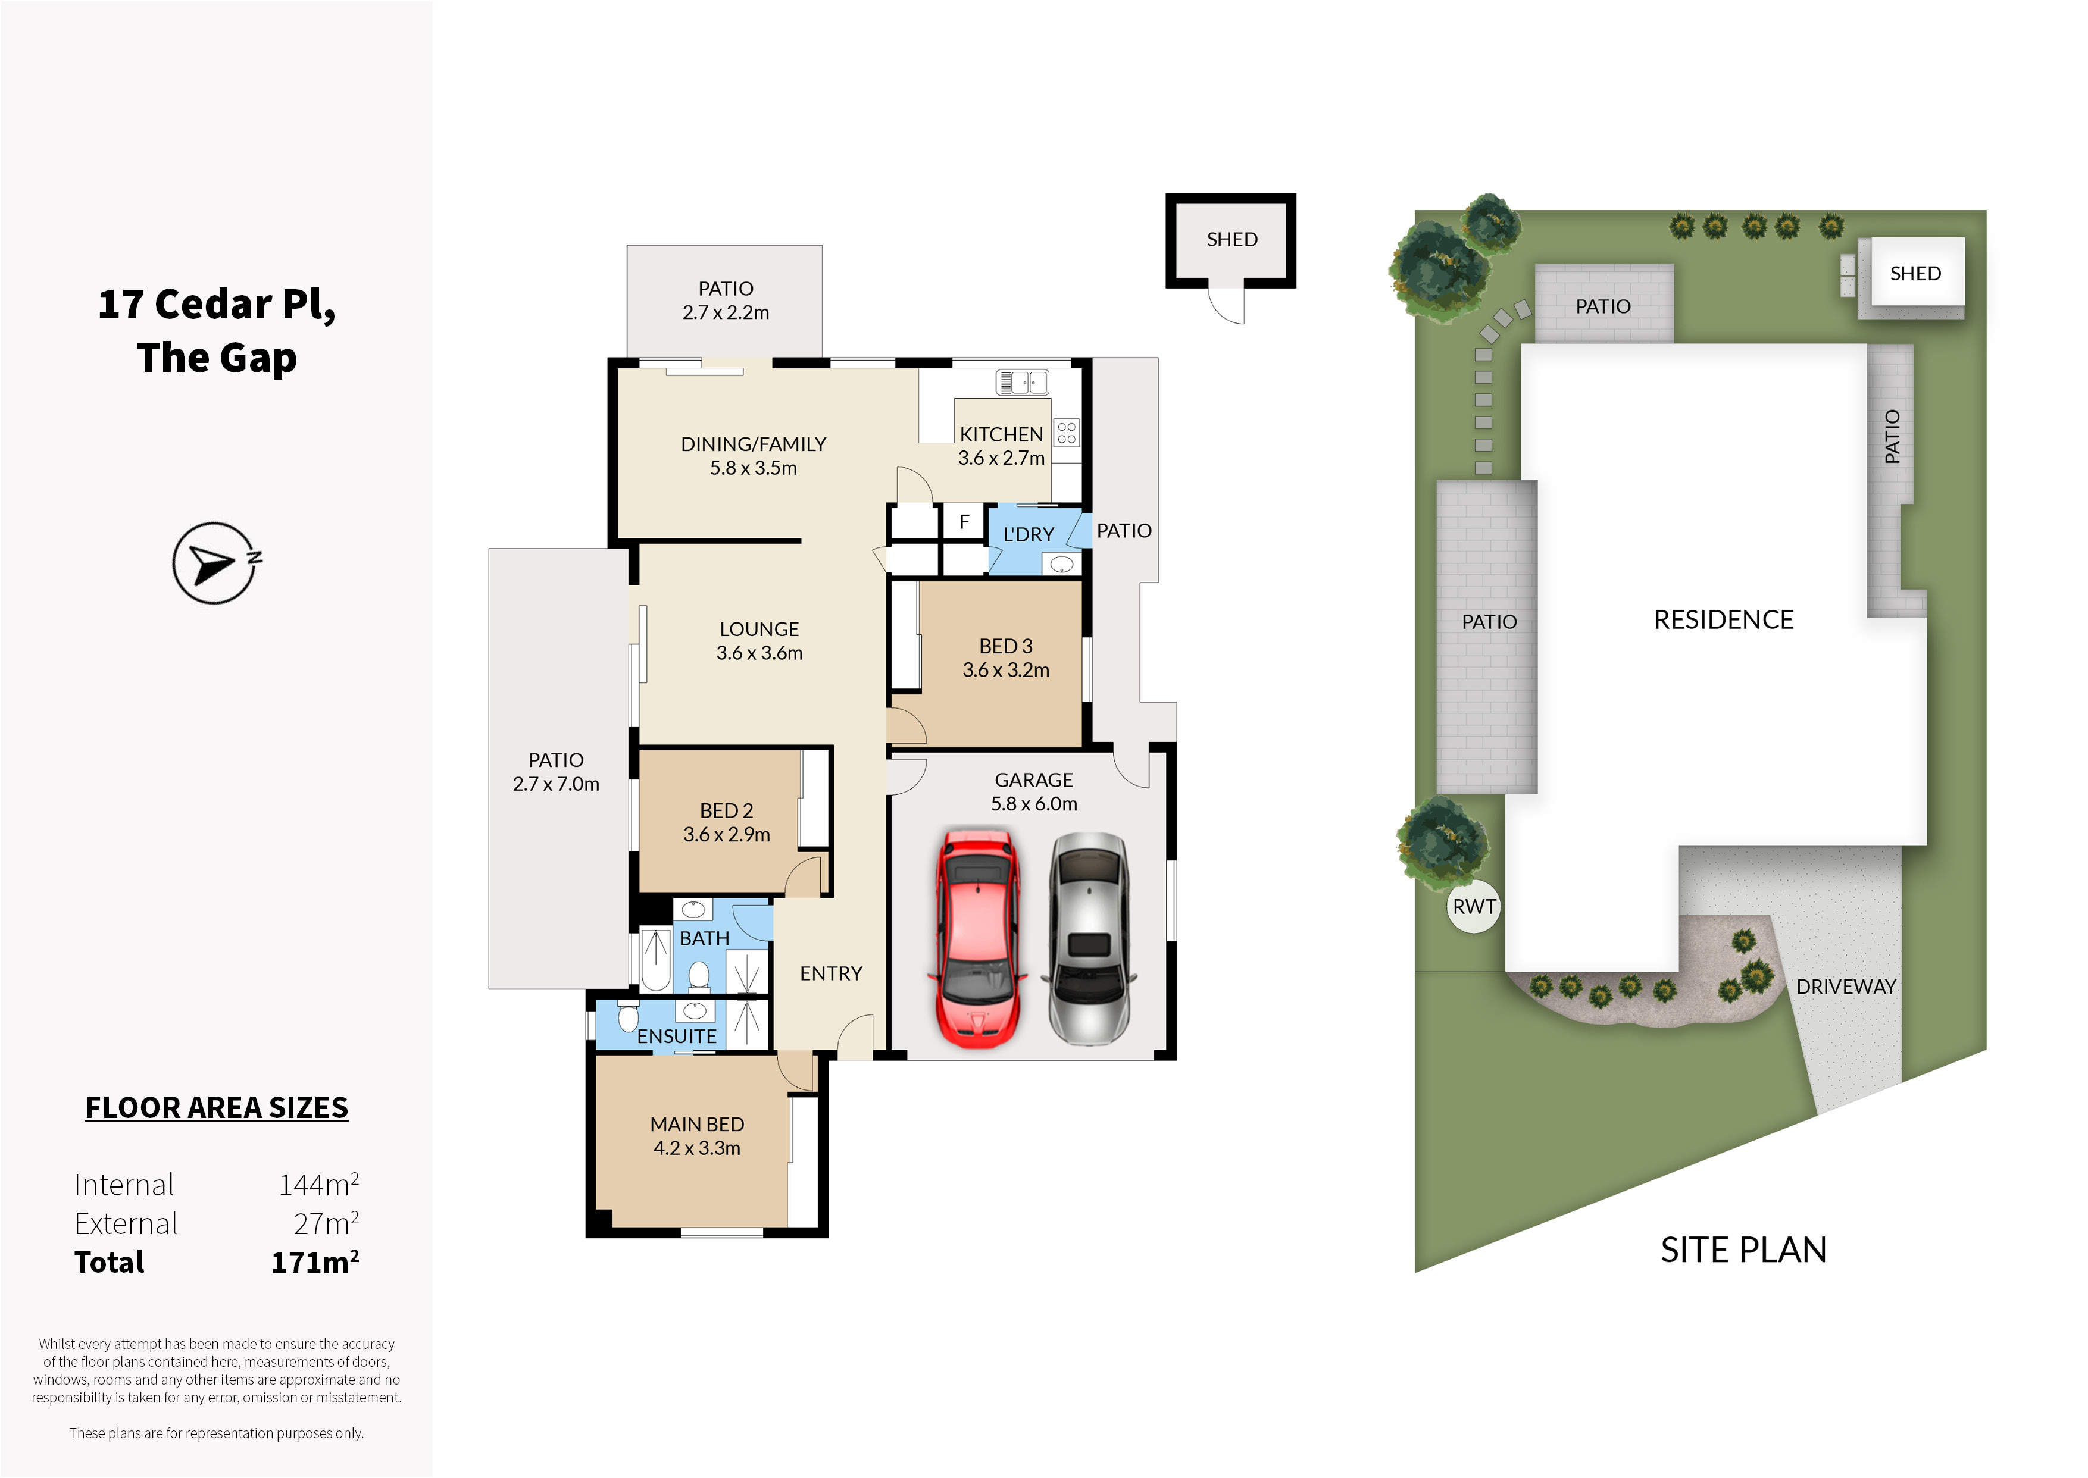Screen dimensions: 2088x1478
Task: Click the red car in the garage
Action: (977, 937)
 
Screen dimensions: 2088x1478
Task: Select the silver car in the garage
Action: (1089, 940)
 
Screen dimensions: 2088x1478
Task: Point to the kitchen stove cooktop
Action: (1067, 433)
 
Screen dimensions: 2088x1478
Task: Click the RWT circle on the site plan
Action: (1474, 906)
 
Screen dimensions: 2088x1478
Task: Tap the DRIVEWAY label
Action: (1846, 987)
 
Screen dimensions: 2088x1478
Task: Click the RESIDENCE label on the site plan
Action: (1723, 620)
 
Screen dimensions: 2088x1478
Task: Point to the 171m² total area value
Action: (315, 1261)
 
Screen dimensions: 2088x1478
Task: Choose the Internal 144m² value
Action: (318, 1184)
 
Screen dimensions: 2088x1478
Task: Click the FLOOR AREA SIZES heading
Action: (217, 1107)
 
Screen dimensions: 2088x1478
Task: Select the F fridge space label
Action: (964, 521)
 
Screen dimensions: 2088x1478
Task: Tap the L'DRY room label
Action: (1029, 534)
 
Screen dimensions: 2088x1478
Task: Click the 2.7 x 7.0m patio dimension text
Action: (556, 784)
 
